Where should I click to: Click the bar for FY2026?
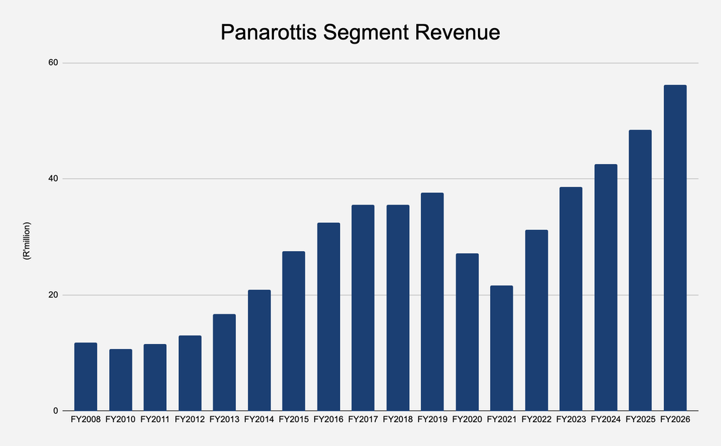tap(675, 248)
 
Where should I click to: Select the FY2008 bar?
tap(85, 376)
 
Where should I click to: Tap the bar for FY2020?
tap(468, 332)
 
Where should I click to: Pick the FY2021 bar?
tap(501, 348)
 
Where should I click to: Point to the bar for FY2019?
tap(432, 302)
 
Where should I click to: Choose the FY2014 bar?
tap(259, 350)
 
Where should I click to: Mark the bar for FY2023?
tap(571, 299)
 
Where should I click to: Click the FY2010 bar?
tap(120, 380)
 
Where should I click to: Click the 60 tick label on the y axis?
tap(54, 63)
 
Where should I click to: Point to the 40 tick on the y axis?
tap(54, 178)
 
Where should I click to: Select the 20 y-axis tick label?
tap(54, 295)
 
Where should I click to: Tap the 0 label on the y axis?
tap(56, 411)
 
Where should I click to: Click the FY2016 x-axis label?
tap(328, 419)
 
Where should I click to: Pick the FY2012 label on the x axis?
tap(189, 419)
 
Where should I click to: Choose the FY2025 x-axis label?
tap(641, 419)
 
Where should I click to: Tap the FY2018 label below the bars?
tap(398, 419)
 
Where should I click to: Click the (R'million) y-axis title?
tap(27, 241)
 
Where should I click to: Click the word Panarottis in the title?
tap(268, 32)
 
